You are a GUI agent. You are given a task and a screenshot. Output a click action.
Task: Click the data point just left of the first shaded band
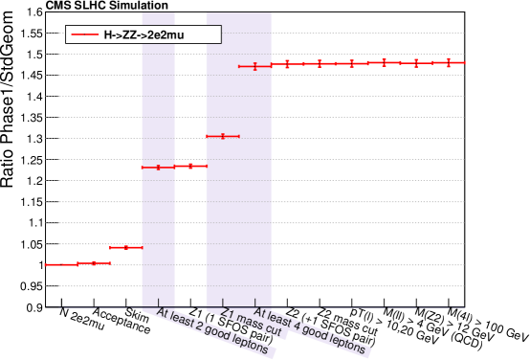pyautogui.click(x=126, y=247)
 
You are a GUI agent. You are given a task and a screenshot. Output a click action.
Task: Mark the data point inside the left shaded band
pyautogui.click(x=159, y=168)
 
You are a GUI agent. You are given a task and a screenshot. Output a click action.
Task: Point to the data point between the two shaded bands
pyautogui.click(x=191, y=166)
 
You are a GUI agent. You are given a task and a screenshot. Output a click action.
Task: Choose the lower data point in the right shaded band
pyautogui.click(x=223, y=136)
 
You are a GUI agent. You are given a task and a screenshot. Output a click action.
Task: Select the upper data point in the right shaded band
pyautogui.click(x=255, y=66)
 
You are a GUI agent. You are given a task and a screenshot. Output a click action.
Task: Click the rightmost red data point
pyautogui.click(x=448, y=62)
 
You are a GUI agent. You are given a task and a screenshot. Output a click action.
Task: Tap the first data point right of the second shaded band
pyautogui.click(x=287, y=64)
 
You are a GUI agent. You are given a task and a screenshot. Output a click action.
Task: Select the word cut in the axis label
pyautogui.click(x=271, y=332)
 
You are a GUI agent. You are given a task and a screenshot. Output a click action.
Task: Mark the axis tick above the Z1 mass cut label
pyautogui.click(x=223, y=305)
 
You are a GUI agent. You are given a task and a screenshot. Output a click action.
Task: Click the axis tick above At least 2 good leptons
pyautogui.click(x=159, y=305)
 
